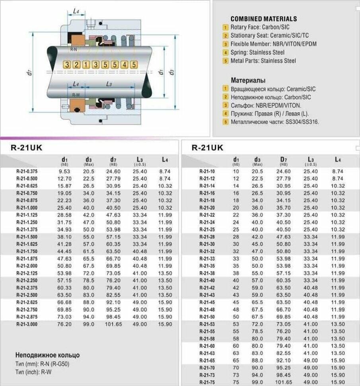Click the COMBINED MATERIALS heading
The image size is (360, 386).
click(x=263, y=19)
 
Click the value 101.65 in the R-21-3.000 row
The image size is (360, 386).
click(x=114, y=324)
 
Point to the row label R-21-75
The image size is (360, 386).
click(x=207, y=382)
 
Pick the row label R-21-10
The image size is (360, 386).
click(x=207, y=172)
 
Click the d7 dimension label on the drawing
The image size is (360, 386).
click(x=29, y=73)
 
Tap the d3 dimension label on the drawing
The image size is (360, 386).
click(x=171, y=72)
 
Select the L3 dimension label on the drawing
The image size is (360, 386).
click(x=109, y=84)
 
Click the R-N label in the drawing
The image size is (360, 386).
click(x=74, y=49)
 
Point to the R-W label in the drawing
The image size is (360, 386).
click(x=76, y=95)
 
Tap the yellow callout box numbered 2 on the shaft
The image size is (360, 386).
click(x=76, y=64)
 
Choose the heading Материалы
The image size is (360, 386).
click(x=248, y=80)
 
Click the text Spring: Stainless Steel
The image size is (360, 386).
click(x=257, y=52)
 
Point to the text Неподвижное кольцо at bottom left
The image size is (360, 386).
click(x=47, y=355)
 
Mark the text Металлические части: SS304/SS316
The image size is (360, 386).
click(x=275, y=122)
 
